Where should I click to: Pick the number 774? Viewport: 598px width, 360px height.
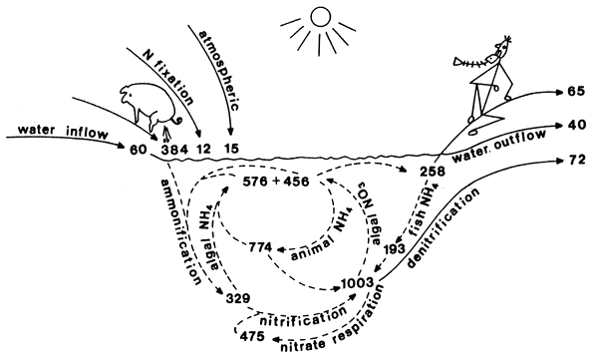(261, 246)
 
